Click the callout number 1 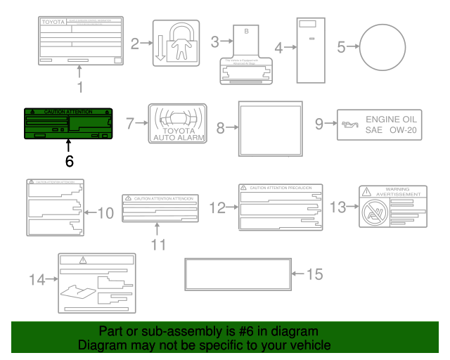pos(79,87)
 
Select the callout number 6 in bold pos(69,160)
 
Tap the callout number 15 pos(315,274)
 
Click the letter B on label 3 pos(246,32)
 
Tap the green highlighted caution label pos(69,122)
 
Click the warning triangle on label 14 pos(83,260)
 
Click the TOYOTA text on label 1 pos(53,22)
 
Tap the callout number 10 pos(105,212)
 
